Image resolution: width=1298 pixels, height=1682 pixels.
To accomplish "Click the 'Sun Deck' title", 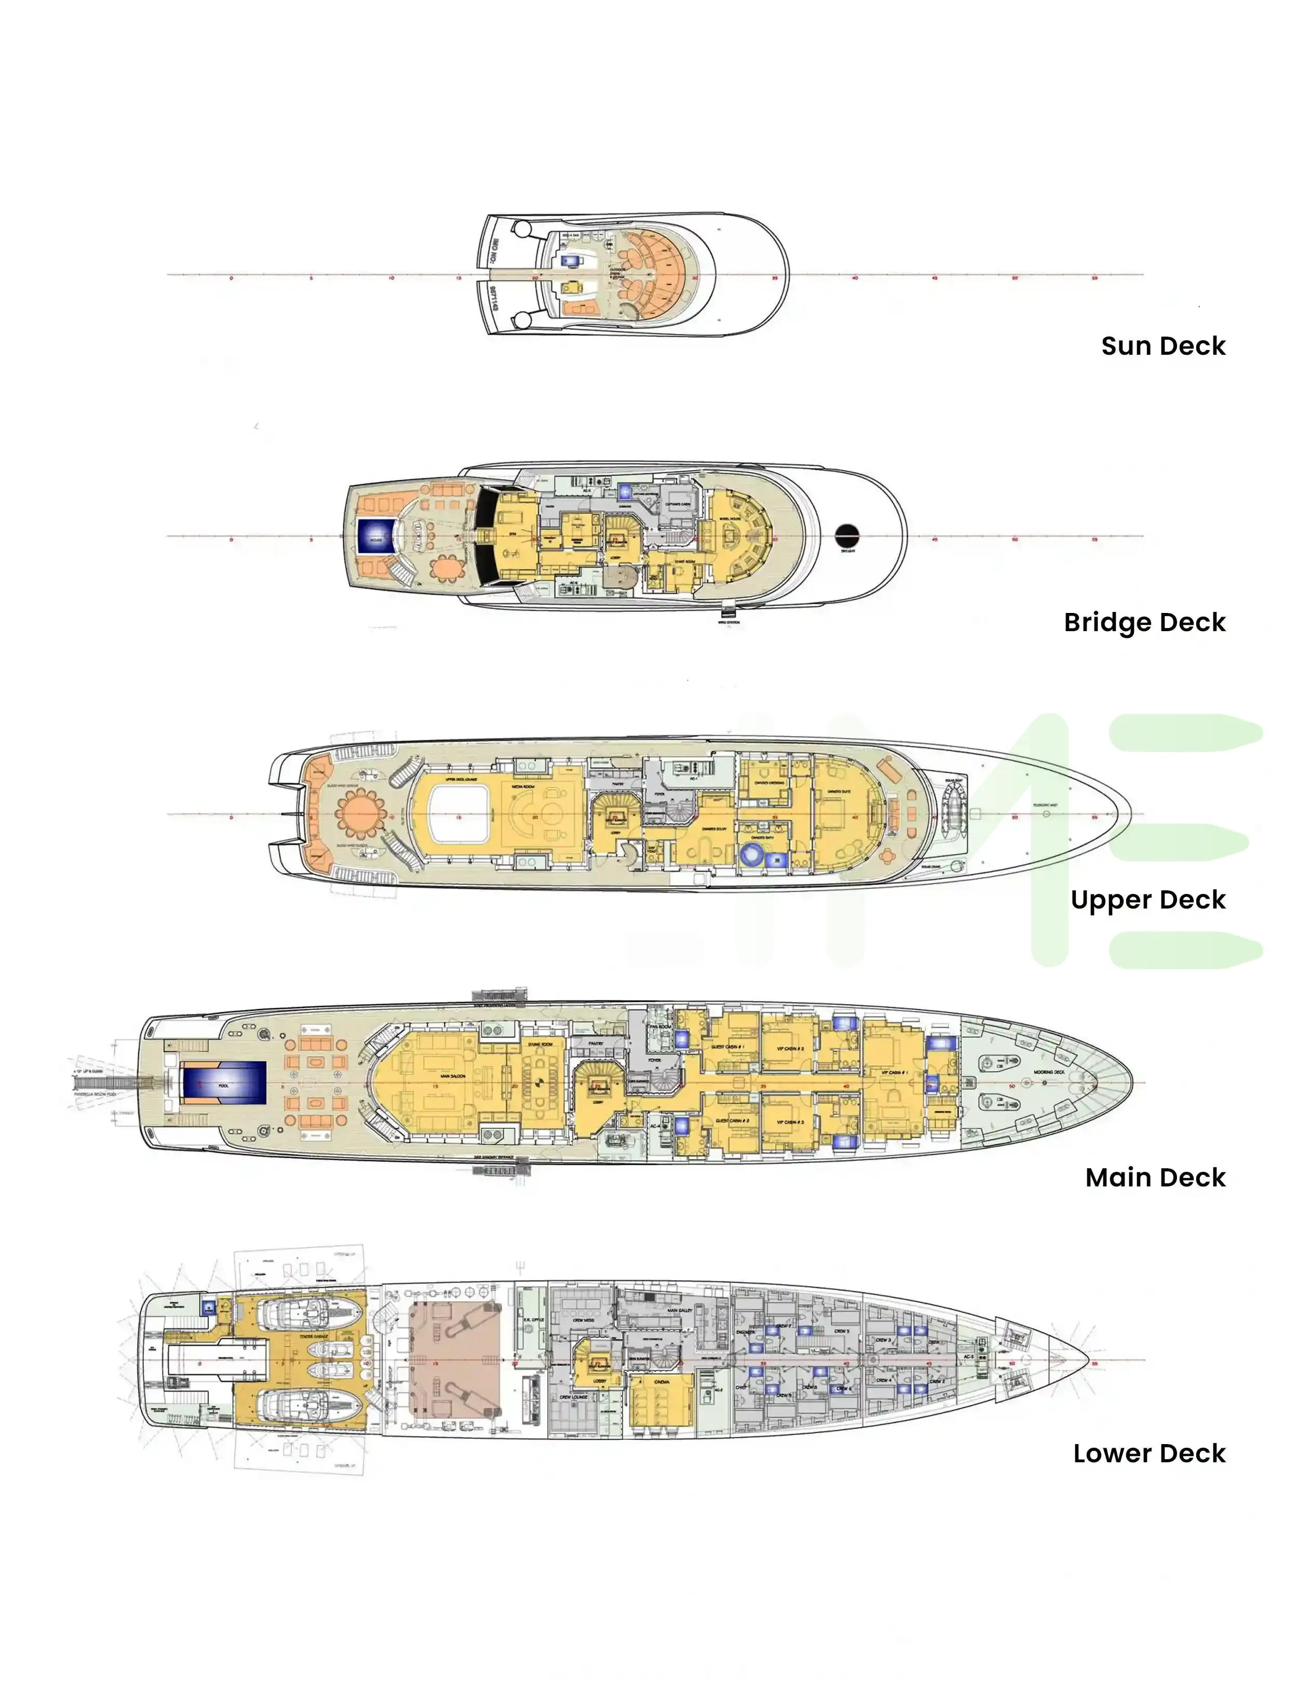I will click(x=1162, y=346).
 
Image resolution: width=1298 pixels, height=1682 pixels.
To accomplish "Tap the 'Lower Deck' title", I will click(x=1148, y=1453).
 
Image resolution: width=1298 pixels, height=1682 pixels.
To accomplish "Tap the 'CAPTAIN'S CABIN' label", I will click(x=678, y=504).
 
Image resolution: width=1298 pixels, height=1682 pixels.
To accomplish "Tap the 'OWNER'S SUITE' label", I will click(x=839, y=791).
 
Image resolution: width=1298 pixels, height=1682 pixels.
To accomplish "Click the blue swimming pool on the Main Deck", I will click(x=223, y=1085).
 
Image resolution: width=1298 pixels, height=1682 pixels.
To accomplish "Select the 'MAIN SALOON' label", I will click(x=452, y=1076).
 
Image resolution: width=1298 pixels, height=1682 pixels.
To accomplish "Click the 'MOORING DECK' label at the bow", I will click(x=1049, y=1072).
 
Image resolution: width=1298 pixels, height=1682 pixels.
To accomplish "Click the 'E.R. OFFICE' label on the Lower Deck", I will click(x=534, y=1320).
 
